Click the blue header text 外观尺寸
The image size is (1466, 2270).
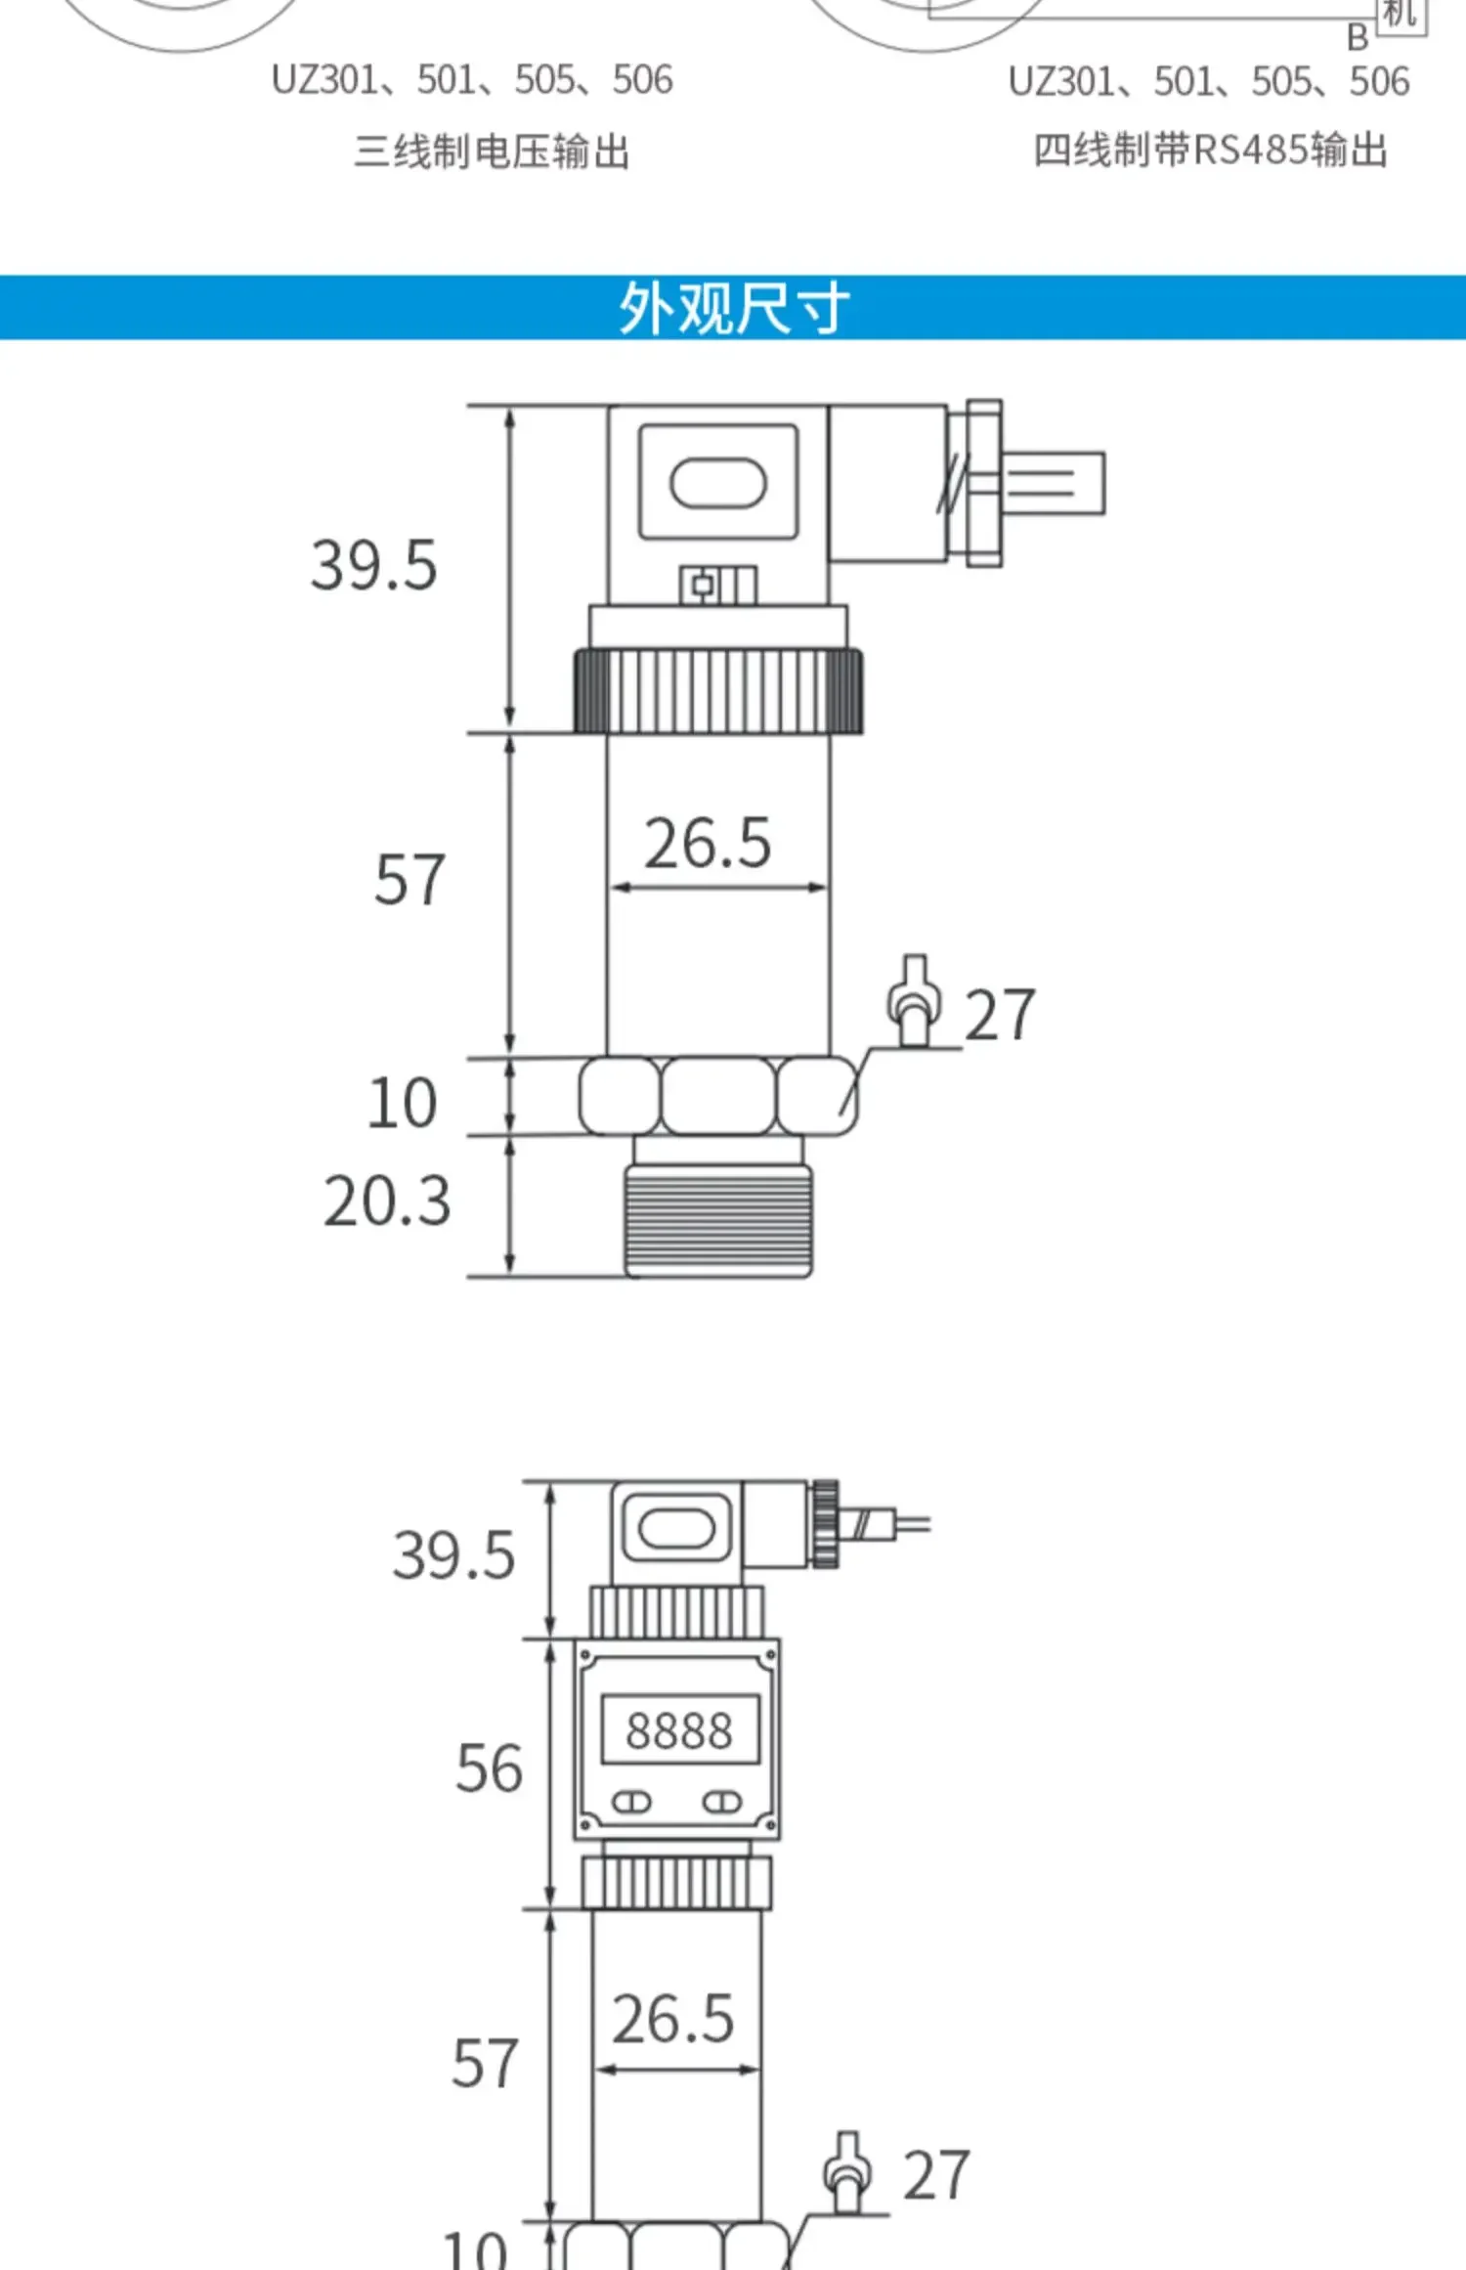(x=733, y=309)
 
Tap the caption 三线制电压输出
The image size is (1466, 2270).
(x=492, y=153)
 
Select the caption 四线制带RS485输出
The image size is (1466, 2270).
(x=1211, y=151)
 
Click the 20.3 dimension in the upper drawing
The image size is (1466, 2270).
(x=387, y=1200)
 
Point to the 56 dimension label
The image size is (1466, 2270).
(x=489, y=1768)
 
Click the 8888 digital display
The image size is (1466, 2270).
(x=679, y=1730)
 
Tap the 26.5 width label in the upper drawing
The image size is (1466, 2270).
(x=708, y=843)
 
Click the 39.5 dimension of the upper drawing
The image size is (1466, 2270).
(x=373, y=565)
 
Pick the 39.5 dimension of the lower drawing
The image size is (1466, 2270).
(x=453, y=1554)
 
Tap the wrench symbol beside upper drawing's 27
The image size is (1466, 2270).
(x=914, y=1001)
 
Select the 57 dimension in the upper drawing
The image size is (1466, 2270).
(x=410, y=880)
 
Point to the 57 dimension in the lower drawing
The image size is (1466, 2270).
(x=484, y=2063)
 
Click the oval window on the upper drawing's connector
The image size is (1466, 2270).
(x=718, y=484)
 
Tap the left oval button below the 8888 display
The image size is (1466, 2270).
(x=631, y=1802)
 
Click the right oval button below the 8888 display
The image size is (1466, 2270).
(x=723, y=1802)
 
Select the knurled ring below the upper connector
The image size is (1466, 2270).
(x=718, y=690)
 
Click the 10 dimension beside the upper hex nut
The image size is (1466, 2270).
(x=402, y=1103)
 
